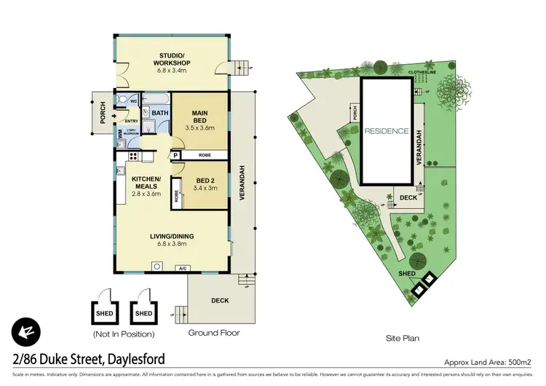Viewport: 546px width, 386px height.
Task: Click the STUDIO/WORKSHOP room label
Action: pos(171,58)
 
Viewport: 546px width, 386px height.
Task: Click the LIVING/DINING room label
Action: pos(172,236)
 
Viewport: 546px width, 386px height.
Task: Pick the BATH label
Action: pos(160,113)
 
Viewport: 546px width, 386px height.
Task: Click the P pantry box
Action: pos(175,155)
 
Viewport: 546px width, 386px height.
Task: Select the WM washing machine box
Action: pos(120,135)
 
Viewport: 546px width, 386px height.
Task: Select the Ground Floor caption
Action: pos(215,333)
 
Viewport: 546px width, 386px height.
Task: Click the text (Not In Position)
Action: pos(123,334)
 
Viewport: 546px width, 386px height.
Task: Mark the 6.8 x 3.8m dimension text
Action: pos(172,244)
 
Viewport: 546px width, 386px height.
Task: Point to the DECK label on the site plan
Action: pos(408,197)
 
